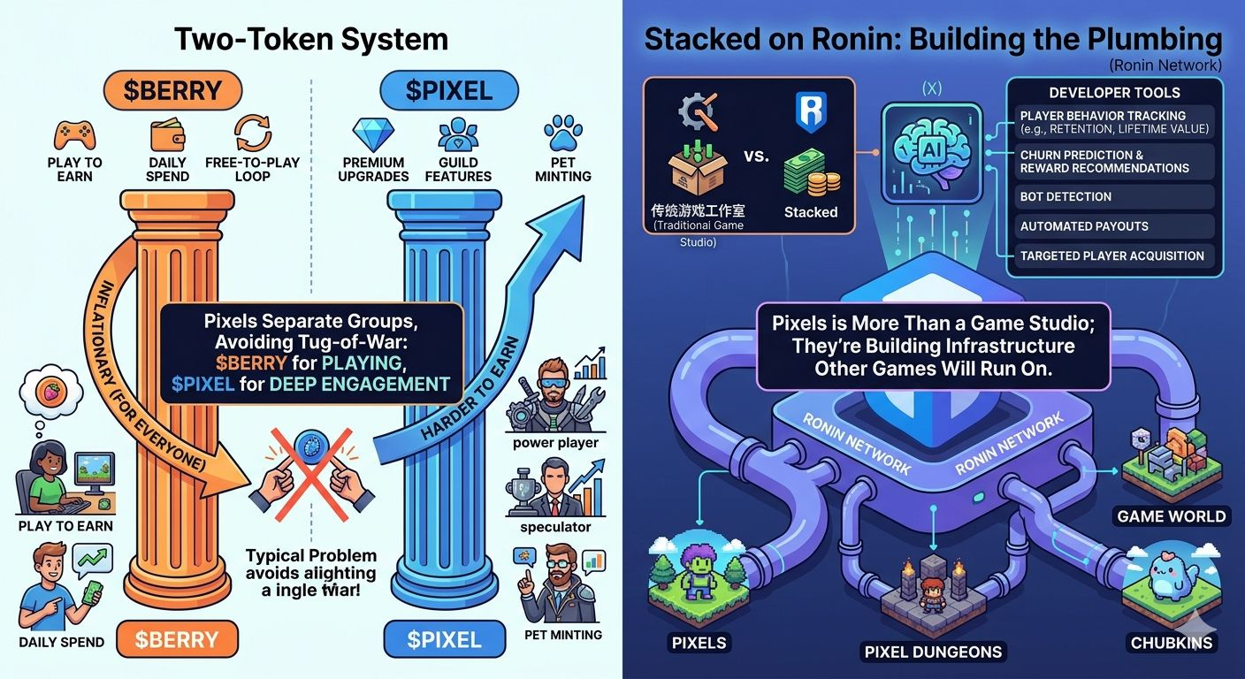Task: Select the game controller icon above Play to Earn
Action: pyautogui.click(x=74, y=135)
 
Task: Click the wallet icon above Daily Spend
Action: pyautogui.click(x=167, y=134)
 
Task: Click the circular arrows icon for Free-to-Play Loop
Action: pyautogui.click(x=252, y=133)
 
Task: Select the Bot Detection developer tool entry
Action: pyautogui.click(x=1066, y=196)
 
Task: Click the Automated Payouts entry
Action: pyautogui.click(x=1084, y=226)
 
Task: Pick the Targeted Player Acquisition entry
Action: pyautogui.click(x=1111, y=256)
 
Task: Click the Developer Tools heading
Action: pyautogui.click(x=1114, y=92)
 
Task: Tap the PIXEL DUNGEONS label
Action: pyautogui.click(x=933, y=652)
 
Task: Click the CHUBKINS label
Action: pyautogui.click(x=1172, y=643)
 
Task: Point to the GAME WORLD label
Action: pyautogui.click(x=1172, y=516)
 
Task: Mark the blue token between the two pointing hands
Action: pyautogui.click(x=309, y=442)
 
